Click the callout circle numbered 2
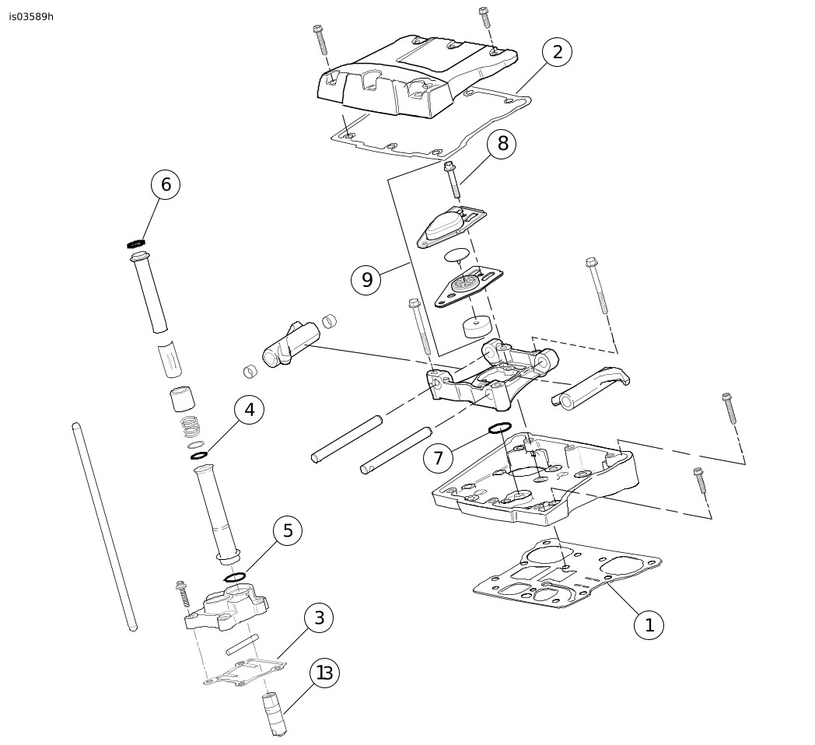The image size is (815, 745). pos(557,52)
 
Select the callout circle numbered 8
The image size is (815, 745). pos(502,144)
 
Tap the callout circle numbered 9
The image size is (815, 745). pos(366,280)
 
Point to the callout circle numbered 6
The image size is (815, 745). pos(166,184)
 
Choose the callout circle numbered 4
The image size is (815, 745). pos(249,410)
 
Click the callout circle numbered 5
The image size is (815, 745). pos(288,530)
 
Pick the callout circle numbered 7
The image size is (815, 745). pos(438,458)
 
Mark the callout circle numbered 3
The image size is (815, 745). pos(319,618)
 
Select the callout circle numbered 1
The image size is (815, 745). pos(649,624)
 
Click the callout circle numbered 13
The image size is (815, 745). pos(324,673)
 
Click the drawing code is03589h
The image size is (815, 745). pos(31,16)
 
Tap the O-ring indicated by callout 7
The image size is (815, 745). pos(499,428)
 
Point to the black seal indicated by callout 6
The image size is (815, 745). pos(137,243)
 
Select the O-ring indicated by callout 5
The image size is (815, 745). pos(235,576)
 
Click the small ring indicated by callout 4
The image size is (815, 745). pos(199,455)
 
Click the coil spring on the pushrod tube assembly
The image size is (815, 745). pos(190,427)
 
